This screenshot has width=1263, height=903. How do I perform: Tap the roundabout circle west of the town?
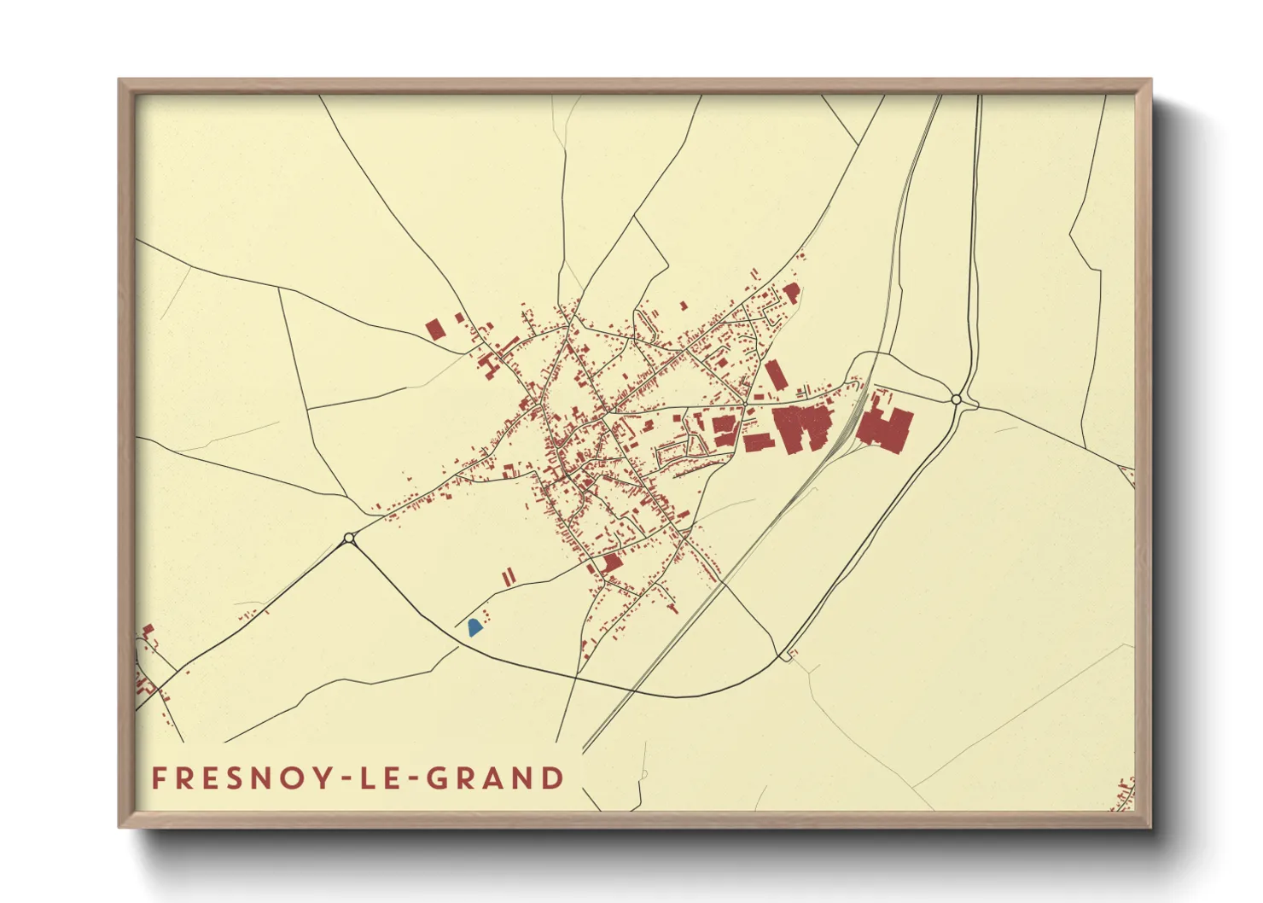349,538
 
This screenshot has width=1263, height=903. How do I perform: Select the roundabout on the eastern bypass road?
957,399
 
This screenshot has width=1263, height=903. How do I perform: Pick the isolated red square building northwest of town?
435,329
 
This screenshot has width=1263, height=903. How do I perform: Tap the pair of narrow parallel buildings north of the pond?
509,577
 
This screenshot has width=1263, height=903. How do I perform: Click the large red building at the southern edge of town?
610,563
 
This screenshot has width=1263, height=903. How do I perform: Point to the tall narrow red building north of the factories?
774,375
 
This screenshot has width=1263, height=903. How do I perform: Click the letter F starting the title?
160,778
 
